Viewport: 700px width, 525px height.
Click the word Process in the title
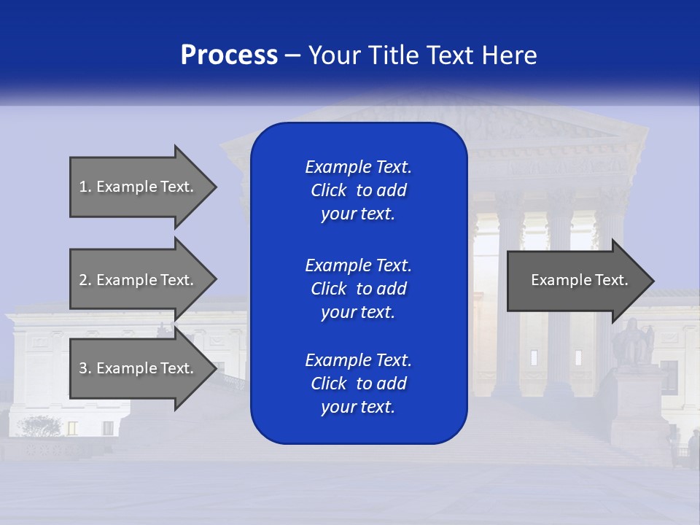(x=229, y=55)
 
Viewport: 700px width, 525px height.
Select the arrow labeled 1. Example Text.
(x=139, y=187)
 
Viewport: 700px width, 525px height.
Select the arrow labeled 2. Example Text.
(x=139, y=280)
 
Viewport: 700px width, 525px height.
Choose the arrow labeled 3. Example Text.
(x=139, y=368)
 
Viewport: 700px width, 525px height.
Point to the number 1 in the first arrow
(x=83, y=187)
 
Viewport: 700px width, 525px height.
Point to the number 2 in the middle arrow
(x=83, y=280)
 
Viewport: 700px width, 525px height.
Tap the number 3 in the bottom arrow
(x=83, y=368)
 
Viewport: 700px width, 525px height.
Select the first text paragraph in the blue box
(x=358, y=190)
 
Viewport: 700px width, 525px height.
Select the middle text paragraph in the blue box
(x=358, y=288)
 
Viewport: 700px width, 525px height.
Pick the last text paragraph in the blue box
(x=358, y=384)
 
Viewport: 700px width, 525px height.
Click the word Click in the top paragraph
(x=328, y=190)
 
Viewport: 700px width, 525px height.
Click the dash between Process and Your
(x=292, y=56)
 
